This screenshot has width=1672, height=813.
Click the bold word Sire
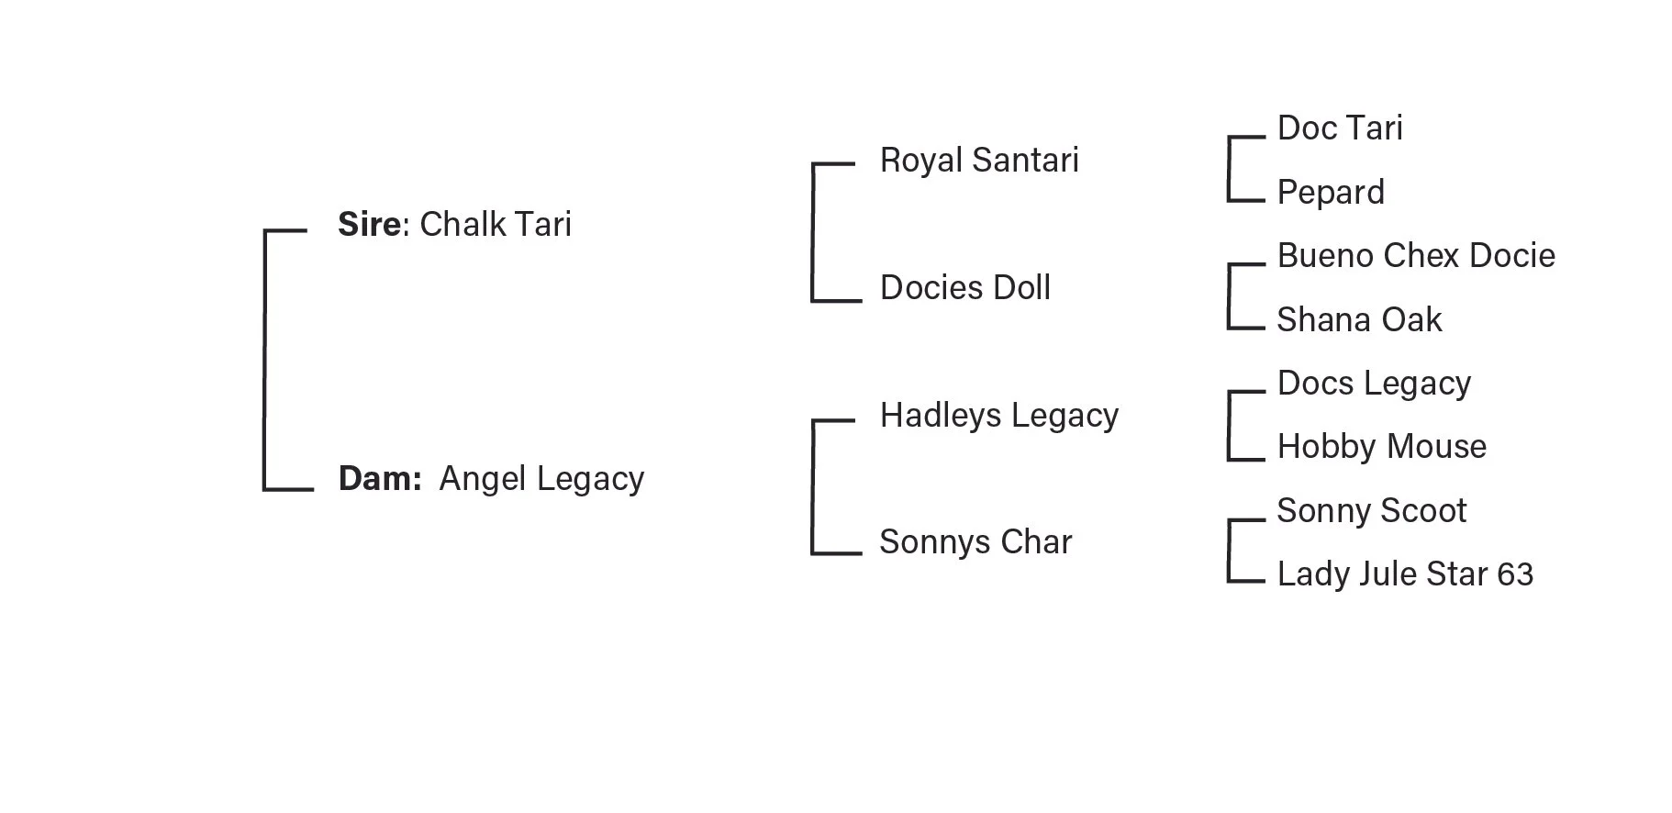(x=369, y=224)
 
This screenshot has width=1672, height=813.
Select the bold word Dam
(x=378, y=478)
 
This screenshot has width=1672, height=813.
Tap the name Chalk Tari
(x=496, y=224)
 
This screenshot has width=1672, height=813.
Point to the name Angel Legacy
(x=541, y=479)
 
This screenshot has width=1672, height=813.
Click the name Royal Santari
(x=979, y=161)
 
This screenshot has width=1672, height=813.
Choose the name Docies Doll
(x=964, y=288)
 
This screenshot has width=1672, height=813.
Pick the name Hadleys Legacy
(x=998, y=416)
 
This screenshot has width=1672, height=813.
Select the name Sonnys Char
(x=975, y=542)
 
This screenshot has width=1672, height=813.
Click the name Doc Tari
(x=1340, y=128)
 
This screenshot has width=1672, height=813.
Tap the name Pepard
(x=1331, y=193)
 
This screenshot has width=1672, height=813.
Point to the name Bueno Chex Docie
(x=1416, y=256)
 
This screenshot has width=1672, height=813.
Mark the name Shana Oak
(x=1359, y=320)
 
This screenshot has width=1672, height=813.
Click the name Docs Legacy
(x=1374, y=384)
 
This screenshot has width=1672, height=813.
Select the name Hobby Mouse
(x=1381, y=447)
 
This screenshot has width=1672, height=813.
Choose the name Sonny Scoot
(x=1371, y=511)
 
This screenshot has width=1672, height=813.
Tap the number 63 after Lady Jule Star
(x=1515, y=574)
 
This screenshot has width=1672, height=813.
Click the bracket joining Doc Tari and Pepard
(x=1230, y=169)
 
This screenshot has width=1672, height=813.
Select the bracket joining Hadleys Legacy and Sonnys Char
(x=813, y=487)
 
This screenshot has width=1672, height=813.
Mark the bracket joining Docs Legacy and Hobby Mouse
(x=1230, y=426)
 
